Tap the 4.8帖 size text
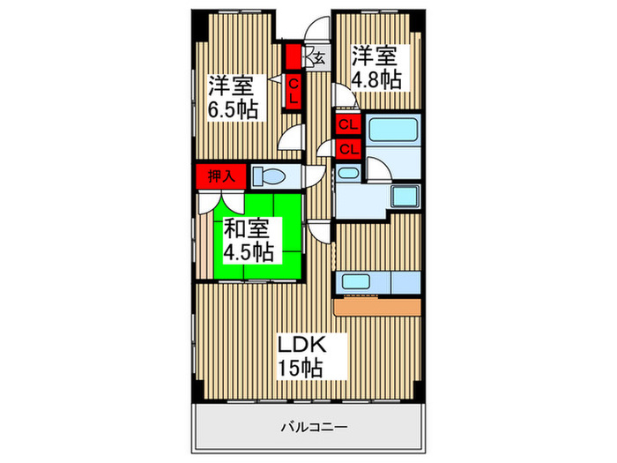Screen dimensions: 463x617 (378, 79)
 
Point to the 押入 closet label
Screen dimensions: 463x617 (220, 175)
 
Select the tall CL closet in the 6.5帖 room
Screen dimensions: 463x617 (294, 90)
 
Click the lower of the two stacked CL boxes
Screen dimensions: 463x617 (347, 147)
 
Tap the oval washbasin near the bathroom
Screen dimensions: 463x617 (348, 174)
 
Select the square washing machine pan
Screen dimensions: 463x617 (405, 196)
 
